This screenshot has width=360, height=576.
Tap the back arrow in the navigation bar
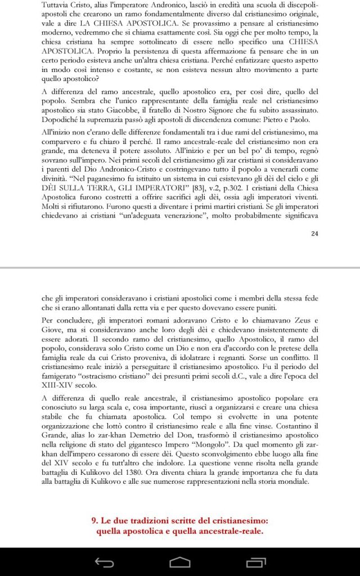[x=105, y=561]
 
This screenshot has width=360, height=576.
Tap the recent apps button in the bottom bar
[x=255, y=561]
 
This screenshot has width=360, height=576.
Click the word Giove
[x=54, y=330]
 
